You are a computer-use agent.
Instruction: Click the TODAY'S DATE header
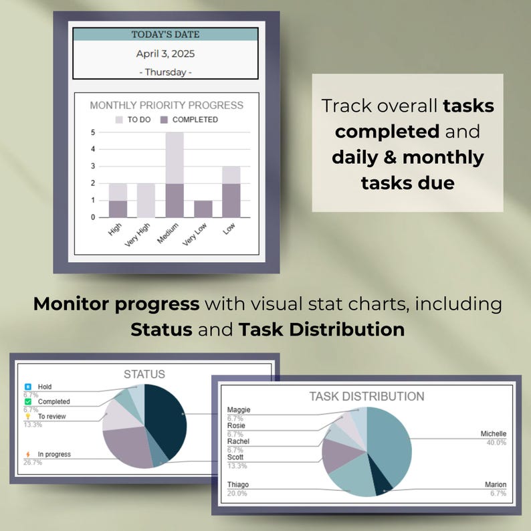coord(165,34)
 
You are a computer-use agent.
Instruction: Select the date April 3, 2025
coord(165,54)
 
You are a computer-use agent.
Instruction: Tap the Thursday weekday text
coord(165,72)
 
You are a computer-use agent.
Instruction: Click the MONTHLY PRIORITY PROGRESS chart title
coord(167,105)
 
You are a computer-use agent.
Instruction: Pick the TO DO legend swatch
coord(120,120)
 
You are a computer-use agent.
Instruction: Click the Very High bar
coord(146,200)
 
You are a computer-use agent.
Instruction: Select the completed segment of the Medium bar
coord(174,200)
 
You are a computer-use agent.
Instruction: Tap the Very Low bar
coord(203,209)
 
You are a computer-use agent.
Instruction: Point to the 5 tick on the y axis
coord(92,132)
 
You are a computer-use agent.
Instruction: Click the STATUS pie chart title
coord(144,375)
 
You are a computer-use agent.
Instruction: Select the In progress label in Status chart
coord(54,455)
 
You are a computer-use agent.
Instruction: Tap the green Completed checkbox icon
coord(28,401)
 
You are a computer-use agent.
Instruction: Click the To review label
coord(51,417)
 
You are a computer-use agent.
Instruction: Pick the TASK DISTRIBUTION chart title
coord(366,397)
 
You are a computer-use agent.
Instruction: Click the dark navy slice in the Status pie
coord(165,418)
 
